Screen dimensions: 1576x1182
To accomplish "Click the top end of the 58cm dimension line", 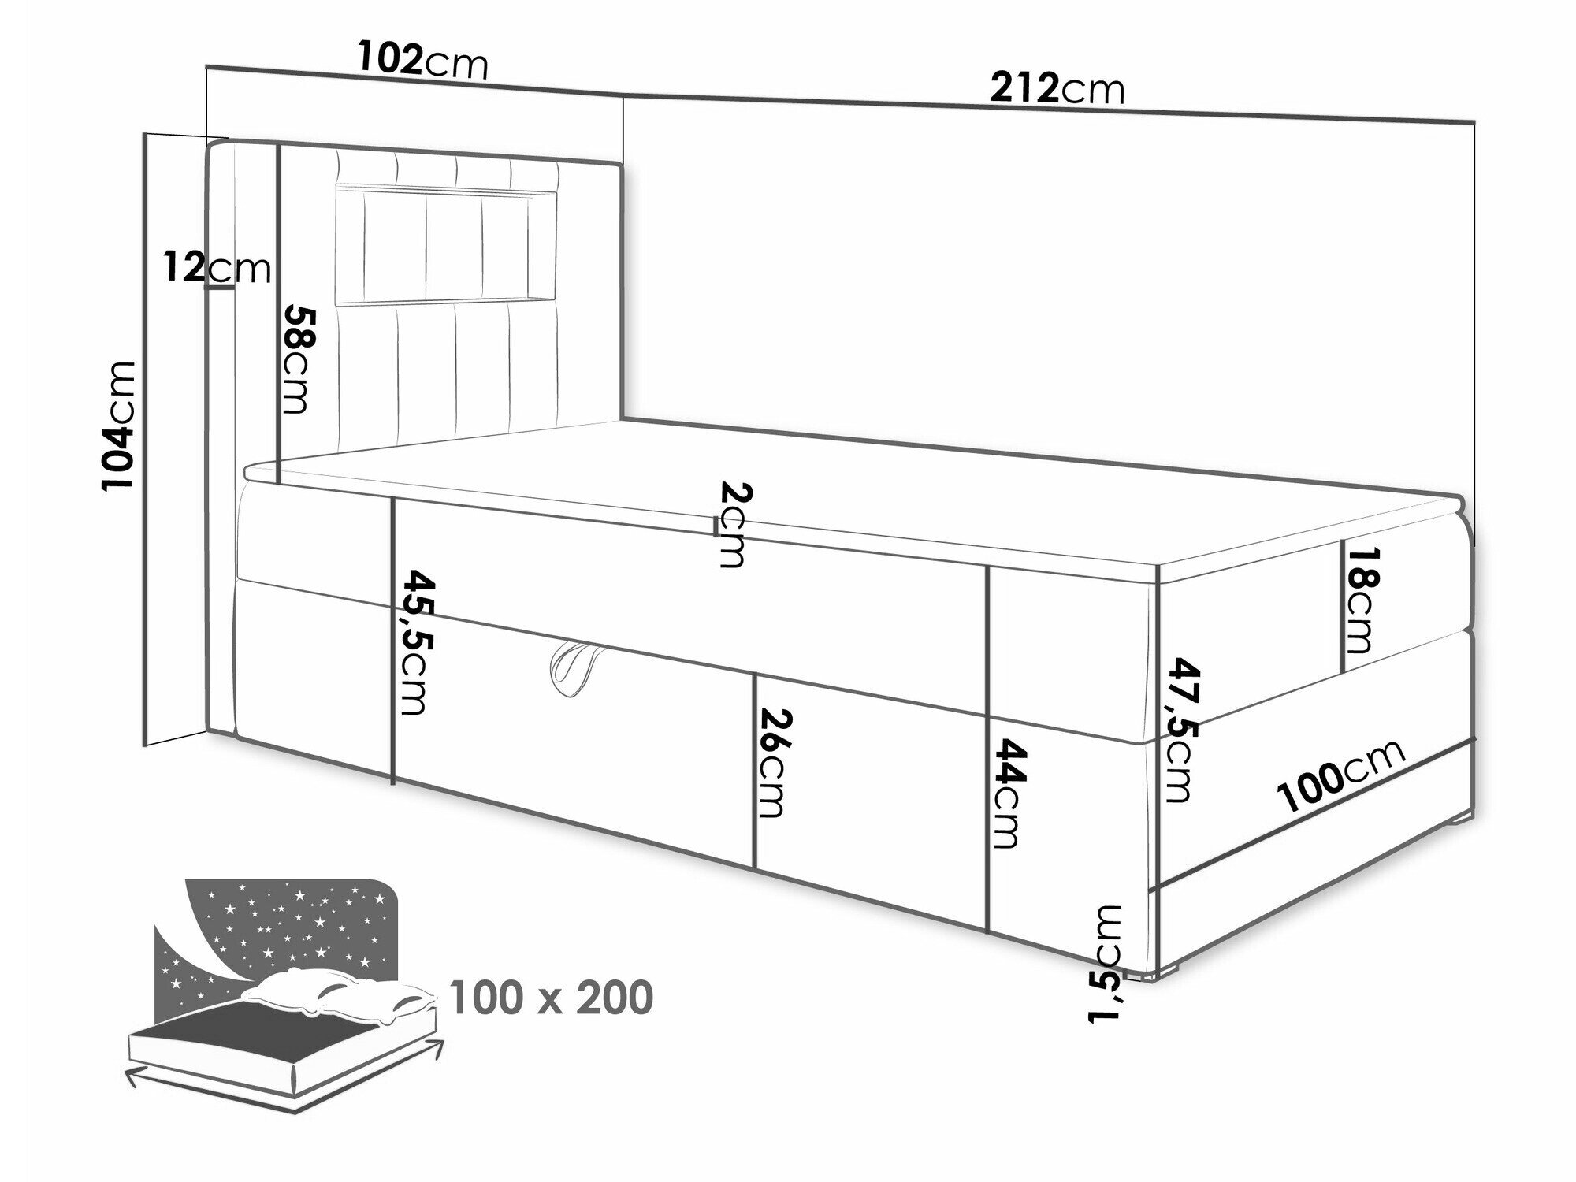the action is coord(279,145).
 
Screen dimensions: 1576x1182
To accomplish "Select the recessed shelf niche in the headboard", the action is coord(447,244).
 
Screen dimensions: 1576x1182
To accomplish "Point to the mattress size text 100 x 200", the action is coord(552,998).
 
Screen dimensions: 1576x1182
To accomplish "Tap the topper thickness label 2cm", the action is coord(730,525).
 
